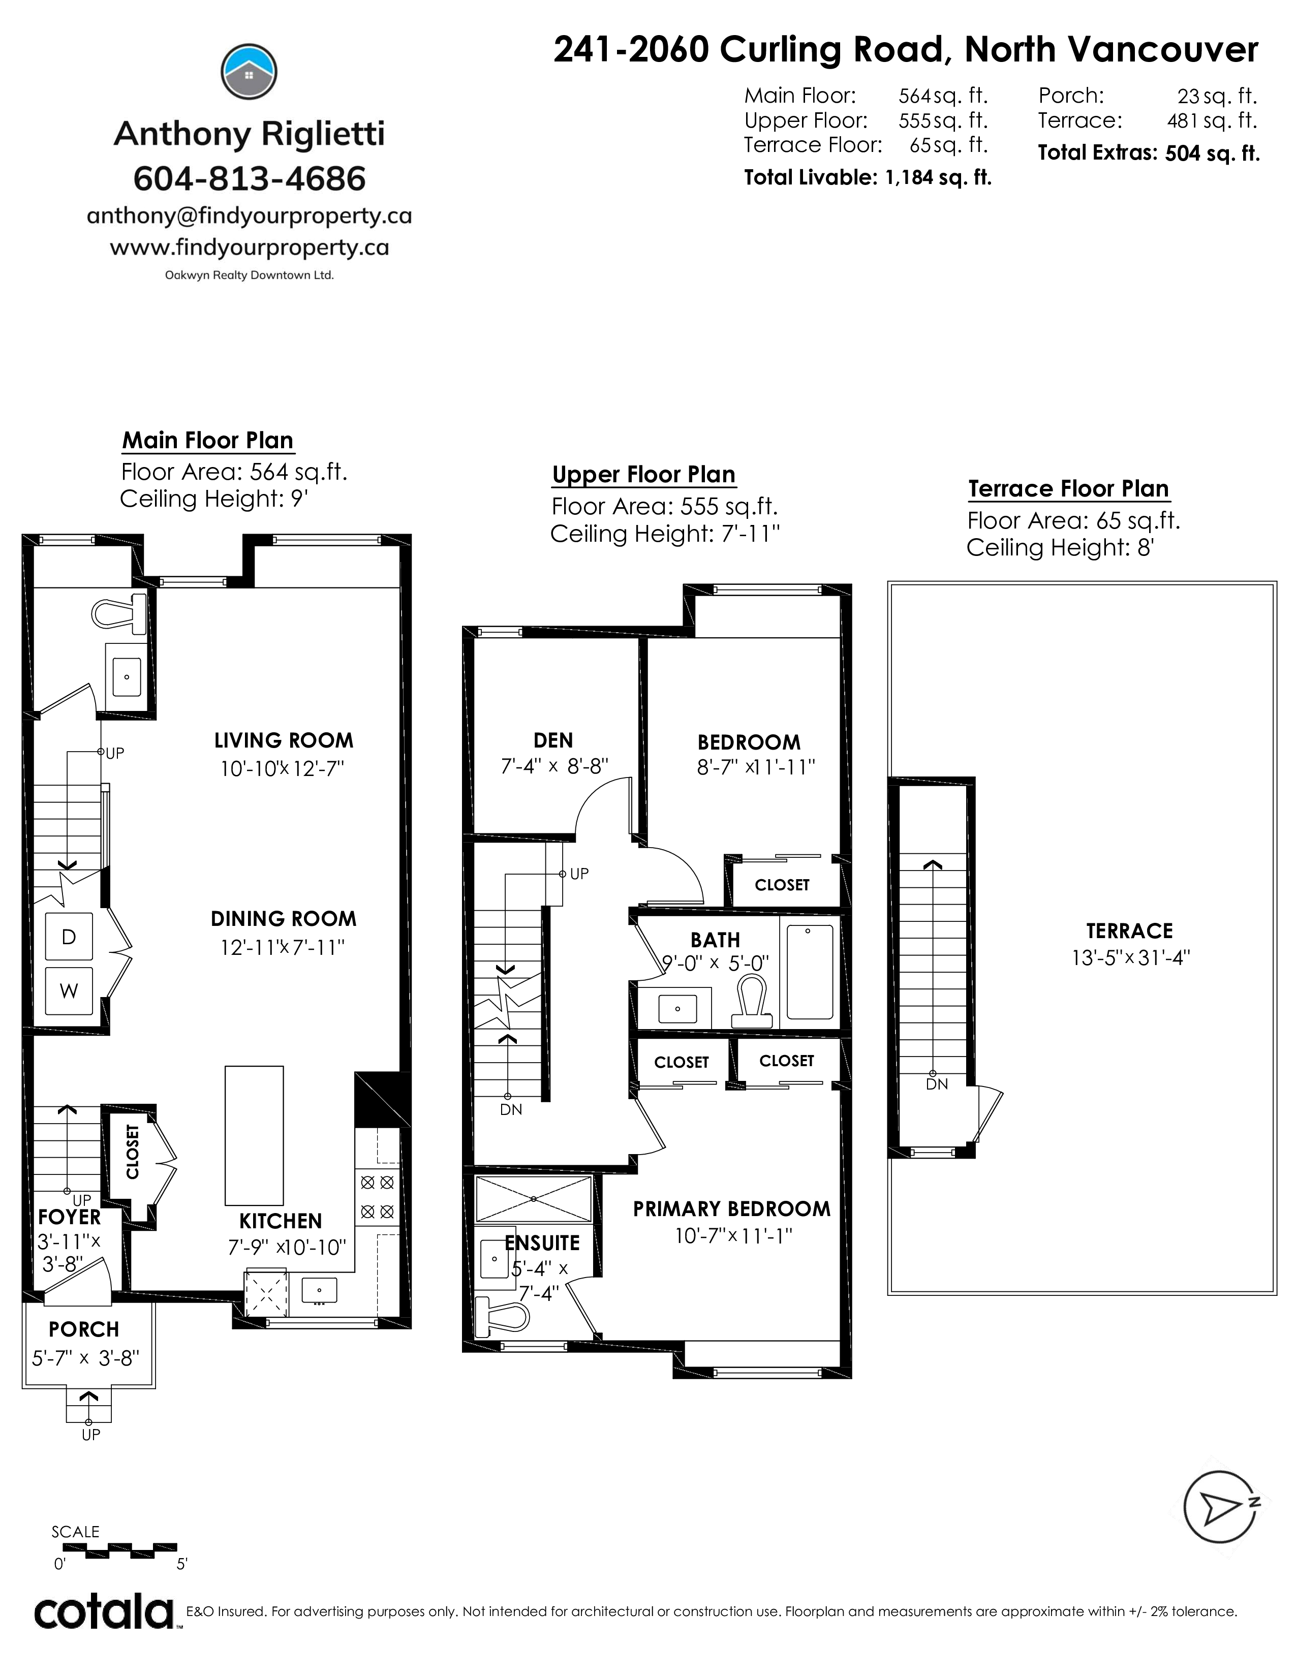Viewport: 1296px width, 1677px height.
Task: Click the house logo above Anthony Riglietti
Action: tap(249, 72)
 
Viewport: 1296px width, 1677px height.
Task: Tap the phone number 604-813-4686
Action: tap(250, 179)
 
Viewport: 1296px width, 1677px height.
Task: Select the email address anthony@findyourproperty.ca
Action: tap(250, 216)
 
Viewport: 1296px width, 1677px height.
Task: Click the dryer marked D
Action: tap(69, 936)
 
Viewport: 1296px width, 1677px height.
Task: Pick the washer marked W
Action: tap(69, 990)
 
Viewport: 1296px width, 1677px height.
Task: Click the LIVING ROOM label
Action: tap(284, 740)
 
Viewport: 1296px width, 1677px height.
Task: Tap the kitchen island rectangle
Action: tap(254, 1136)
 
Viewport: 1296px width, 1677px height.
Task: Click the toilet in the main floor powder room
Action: tap(120, 613)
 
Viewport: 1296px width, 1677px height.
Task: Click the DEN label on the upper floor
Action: tap(553, 740)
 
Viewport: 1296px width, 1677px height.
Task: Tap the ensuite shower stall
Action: tap(534, 1199)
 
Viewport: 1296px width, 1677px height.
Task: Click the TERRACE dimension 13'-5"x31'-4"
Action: tap(1130, 958)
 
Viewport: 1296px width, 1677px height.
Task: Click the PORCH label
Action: tap(84, 1329)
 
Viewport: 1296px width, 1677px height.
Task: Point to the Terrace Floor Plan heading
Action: tap(1069, 489)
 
